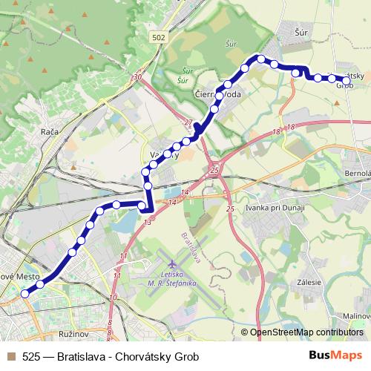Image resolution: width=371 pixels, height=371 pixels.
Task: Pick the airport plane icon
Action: pyautogui.click(x=173, y=264)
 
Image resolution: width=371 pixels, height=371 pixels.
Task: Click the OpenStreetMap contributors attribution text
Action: pyautogui.click(x=306, y=332)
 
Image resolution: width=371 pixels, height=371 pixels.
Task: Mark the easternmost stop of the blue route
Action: pyautogui.click(x=346, y=79)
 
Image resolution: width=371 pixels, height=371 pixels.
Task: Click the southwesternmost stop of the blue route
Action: pyautogui.click(x=25, y=294)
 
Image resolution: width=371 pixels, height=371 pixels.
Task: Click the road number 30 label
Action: pyautogui.click(x=137, y=76)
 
